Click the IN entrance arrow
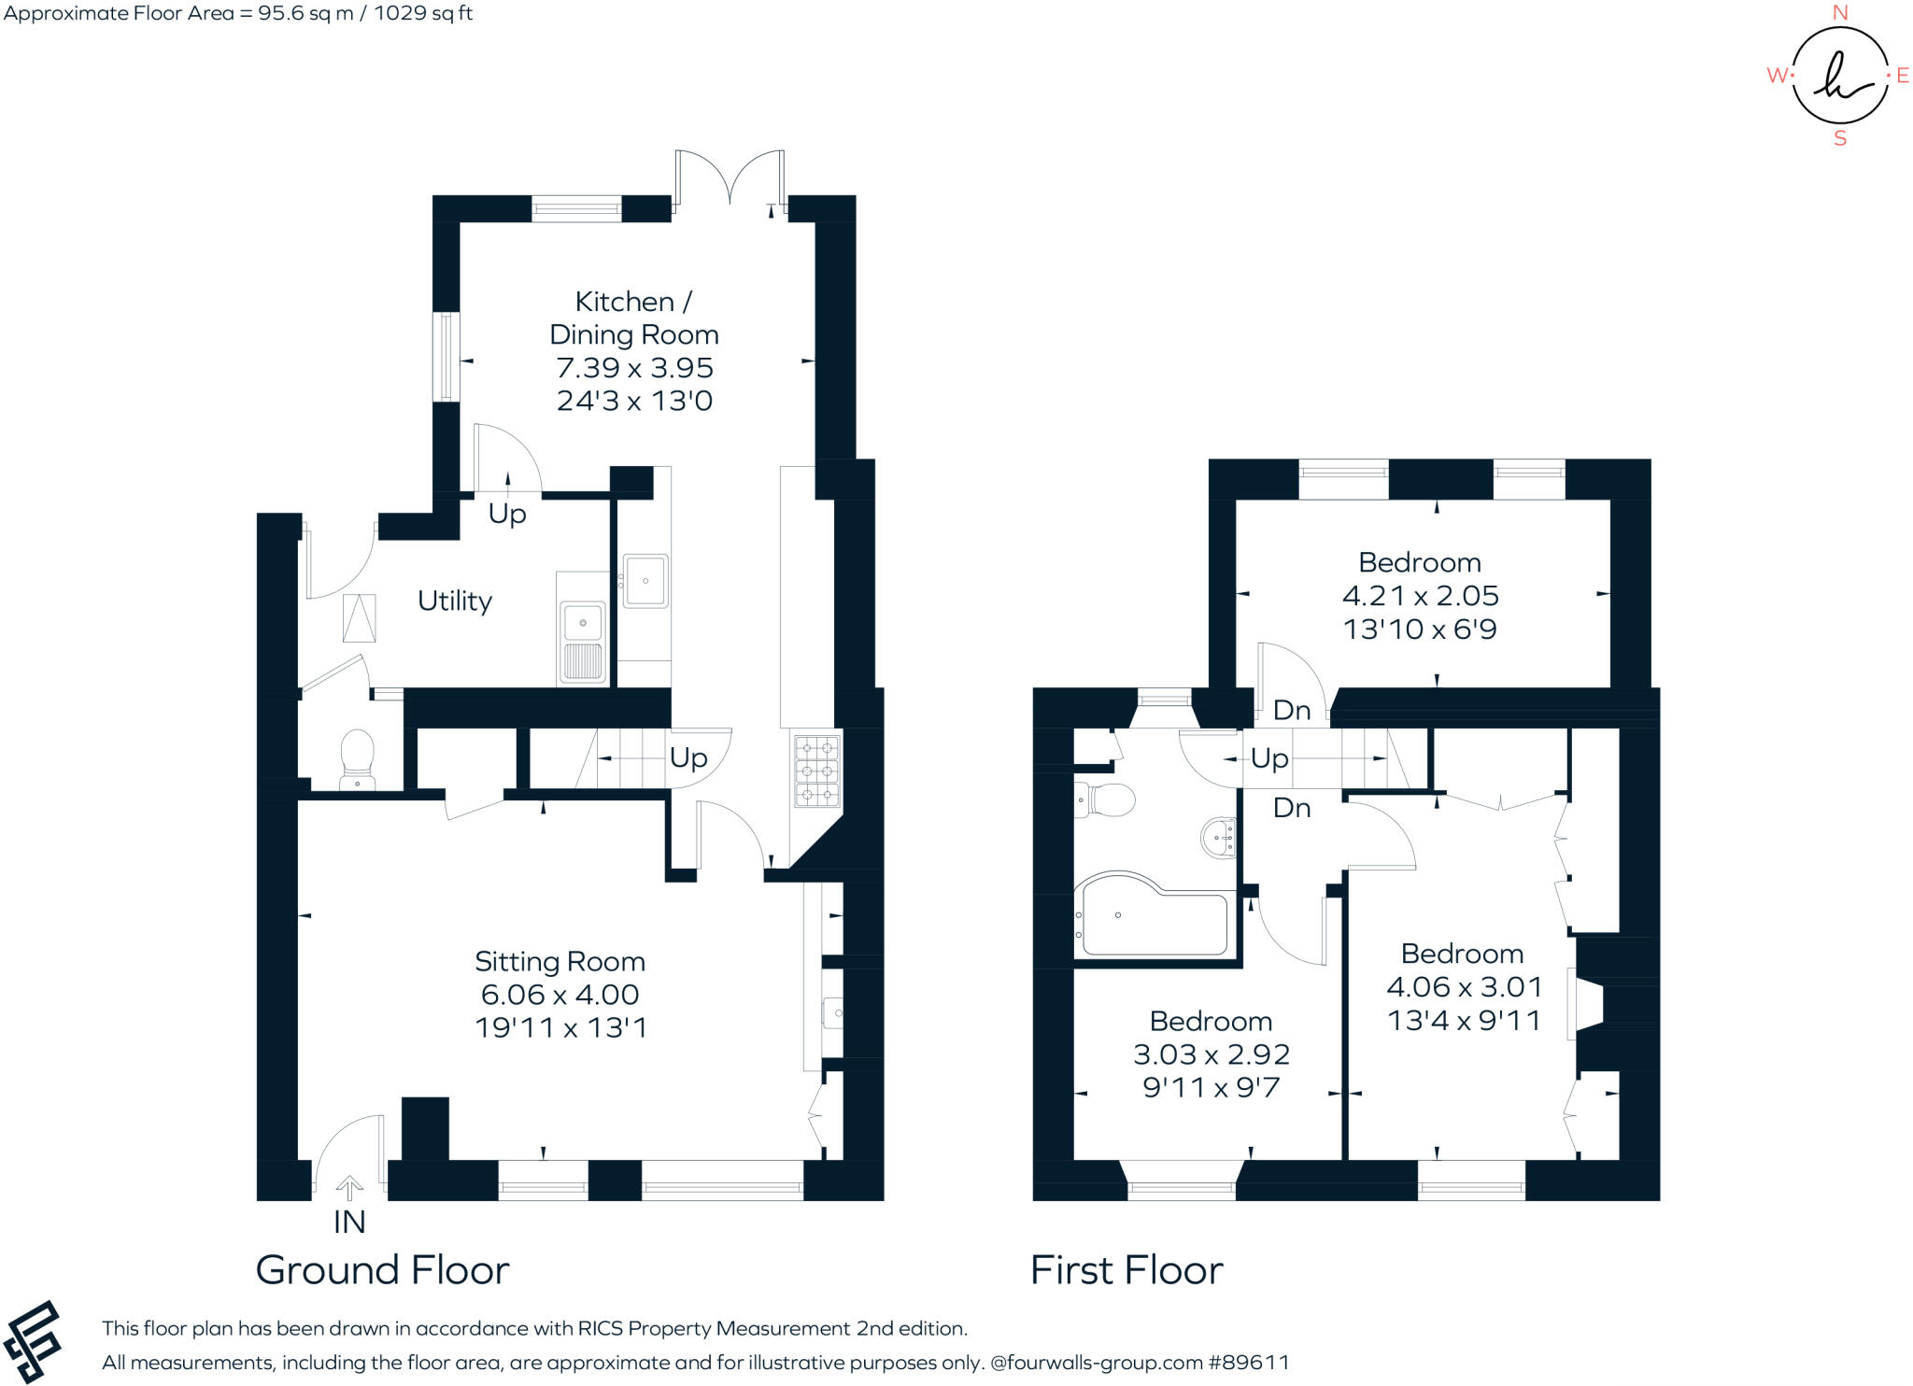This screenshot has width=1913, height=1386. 349,1188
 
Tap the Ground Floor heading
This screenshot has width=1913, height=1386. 382,1270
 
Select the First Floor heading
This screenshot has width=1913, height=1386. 1127,1270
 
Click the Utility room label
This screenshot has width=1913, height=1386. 454,601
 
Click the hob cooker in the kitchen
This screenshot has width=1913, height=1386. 816,771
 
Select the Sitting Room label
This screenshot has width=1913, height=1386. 560,961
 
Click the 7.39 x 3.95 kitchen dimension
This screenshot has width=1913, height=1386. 634,368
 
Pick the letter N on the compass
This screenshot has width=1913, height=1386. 1839,12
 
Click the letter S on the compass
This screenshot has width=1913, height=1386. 1840,138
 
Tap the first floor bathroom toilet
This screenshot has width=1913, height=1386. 1106,800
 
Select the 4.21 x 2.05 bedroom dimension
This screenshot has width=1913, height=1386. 1420,596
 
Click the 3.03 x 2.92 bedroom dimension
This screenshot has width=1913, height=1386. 1211,1054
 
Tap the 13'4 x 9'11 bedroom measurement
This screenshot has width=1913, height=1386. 1464,1021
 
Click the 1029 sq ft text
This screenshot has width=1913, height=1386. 423,13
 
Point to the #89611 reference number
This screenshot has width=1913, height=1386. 1249,1362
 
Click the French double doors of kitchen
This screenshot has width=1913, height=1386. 730,177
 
